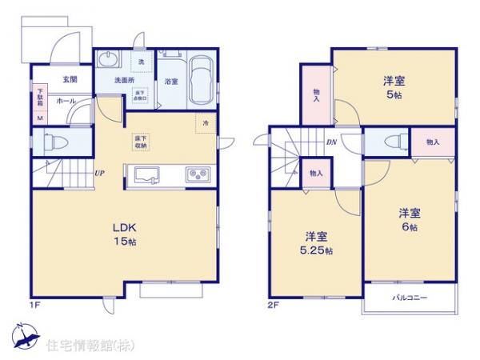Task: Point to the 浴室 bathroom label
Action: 171,82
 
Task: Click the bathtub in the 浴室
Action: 201,80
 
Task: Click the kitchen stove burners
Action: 197,174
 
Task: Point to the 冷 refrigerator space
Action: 206,123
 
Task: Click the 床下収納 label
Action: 141,142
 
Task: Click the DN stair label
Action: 331,142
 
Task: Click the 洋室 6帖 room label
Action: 410,219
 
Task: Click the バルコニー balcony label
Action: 410,298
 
